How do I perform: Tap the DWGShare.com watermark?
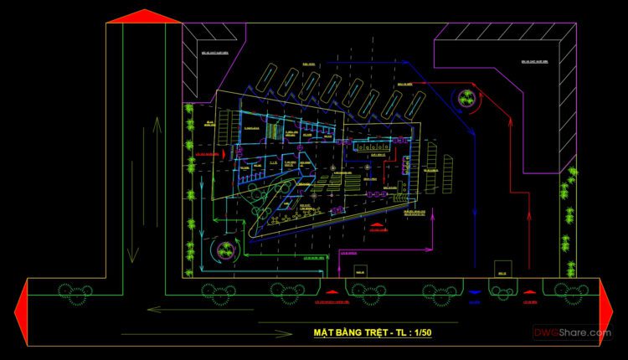[574, 333]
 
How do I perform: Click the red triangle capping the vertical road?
[145, 16]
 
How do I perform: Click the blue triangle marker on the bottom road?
[475, 292]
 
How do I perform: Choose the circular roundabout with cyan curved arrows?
[224, 248]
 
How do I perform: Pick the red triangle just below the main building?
[378, 226]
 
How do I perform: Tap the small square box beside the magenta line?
[360, 271]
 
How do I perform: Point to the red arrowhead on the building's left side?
[224, 155]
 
